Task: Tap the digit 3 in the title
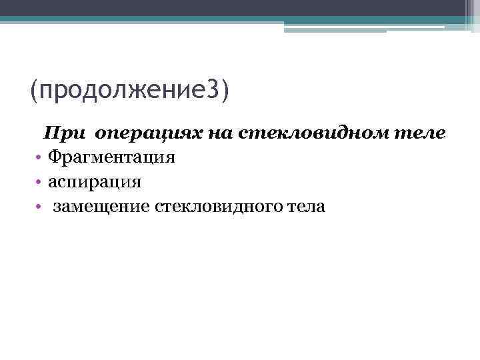pyautogui.click(x=212, y=89)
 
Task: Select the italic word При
pyautogui.click(x=65, y=133)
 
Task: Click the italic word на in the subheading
pyautogui.click(x=219, y=134)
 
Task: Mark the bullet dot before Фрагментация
pyautogui.click(x=40, y=158)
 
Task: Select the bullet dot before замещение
pyautogui.click(x=40, y=207)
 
